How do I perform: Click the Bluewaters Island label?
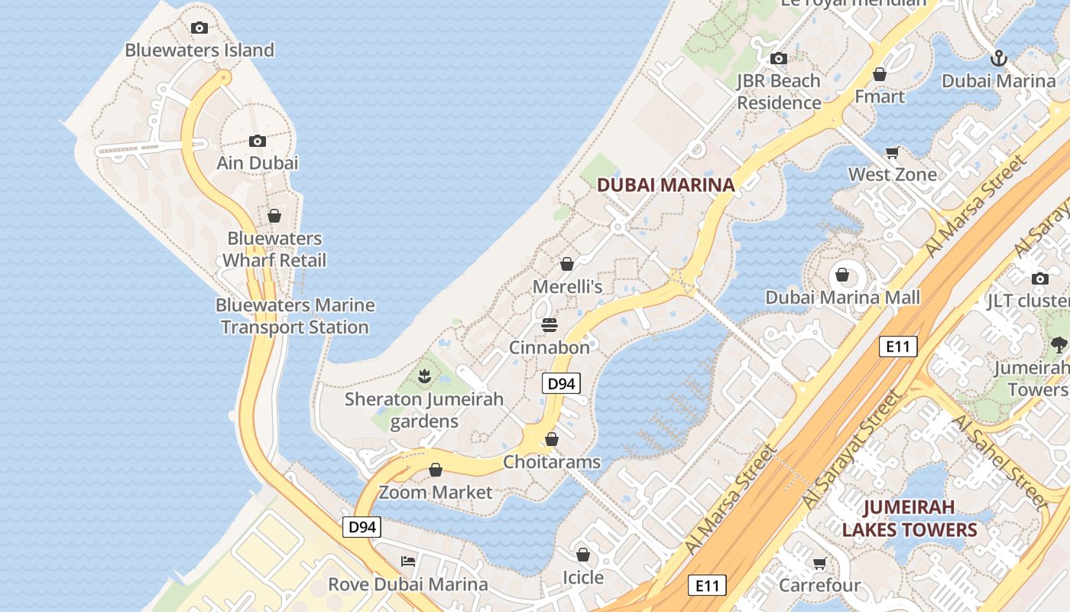(x=199, y=50)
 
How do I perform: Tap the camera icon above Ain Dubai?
(x=258, y=141)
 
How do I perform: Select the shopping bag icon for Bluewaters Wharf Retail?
(x=274, y=216)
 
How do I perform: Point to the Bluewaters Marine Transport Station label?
(x=295, y=316)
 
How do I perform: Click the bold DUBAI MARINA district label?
(x=665, y=184)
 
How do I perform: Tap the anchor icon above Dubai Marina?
(x=998, y=58)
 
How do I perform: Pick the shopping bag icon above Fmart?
(x=880, y=74)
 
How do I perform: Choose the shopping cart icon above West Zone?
(x=892, y=153)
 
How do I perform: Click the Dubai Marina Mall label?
(x=843, y=298)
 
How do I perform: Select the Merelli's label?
(x=567, y=287)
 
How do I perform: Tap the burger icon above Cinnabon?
(x=549, y=325)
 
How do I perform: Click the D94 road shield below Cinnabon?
(x=561, y=383)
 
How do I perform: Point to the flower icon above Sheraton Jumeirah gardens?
(x=425, y=376)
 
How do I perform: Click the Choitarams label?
(x=552, y=462)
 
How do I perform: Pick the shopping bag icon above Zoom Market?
(x=436, y=470)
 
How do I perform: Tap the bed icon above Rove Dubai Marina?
(x=408, y=562)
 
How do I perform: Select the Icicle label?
(x=583, y=578)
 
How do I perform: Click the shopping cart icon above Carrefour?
(x=819, y=564)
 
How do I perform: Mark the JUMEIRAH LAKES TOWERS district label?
(x=909, y=518)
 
